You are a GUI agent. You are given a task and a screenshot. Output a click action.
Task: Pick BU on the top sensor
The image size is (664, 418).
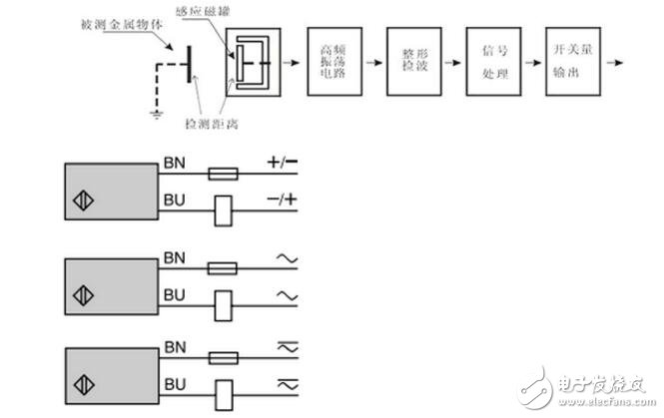pos(174,199)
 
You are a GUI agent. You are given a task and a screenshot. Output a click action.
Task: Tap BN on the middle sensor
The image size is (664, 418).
pos(174,256)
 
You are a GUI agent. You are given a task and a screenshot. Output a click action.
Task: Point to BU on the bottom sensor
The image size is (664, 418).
pos(174,381)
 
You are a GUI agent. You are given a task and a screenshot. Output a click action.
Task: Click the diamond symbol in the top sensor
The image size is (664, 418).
pos(81,209)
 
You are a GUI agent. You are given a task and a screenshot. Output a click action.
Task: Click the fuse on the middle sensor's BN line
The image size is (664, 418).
pos(223,268)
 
